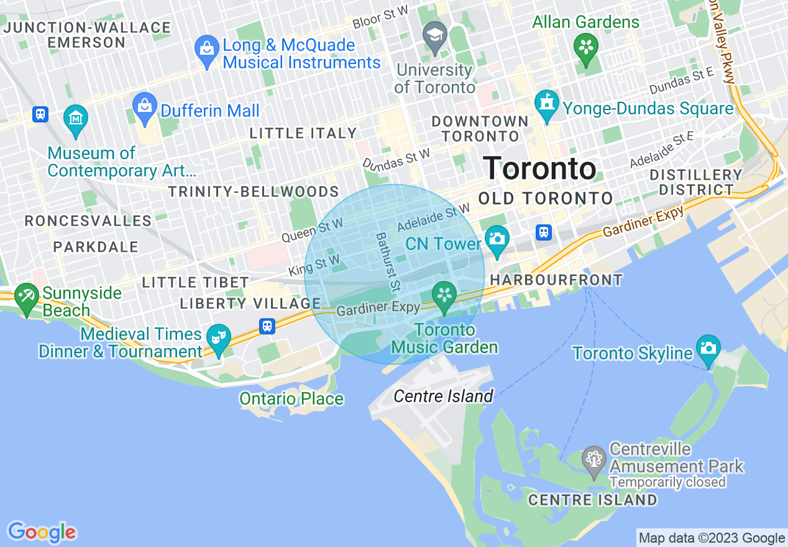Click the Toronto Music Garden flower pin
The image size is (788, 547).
[444, 295]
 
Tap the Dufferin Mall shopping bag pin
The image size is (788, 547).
[145, 106]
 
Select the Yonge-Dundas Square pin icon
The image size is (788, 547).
[547, 104]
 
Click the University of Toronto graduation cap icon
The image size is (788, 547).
[435, 34]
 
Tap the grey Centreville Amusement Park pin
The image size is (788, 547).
[594, 460]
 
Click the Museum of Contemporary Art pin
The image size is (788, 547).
[75, 118]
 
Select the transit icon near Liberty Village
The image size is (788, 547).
[267, 326]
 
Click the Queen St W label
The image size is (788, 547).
[312, 230]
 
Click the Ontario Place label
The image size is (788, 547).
[291, 398]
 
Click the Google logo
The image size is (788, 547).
[42, 532]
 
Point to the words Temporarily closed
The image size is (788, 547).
[667, 482]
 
